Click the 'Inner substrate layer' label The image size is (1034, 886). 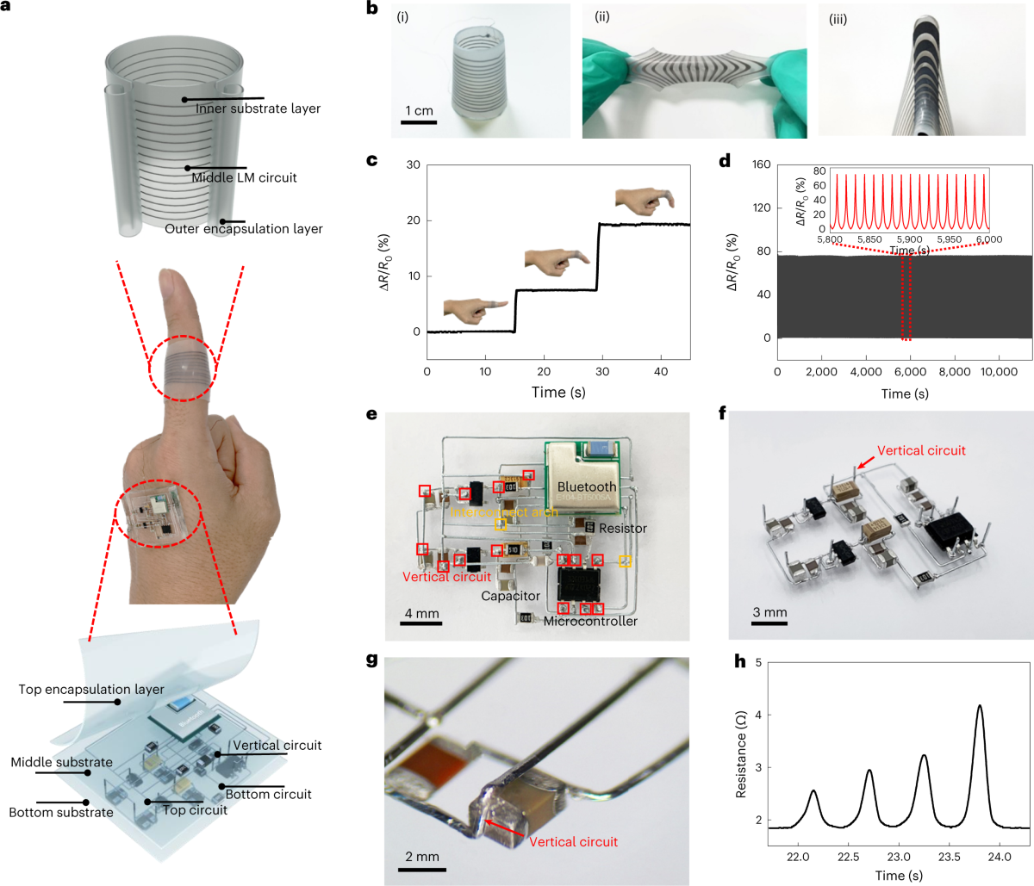click(258, 108)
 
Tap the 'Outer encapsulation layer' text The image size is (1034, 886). click(244, 229)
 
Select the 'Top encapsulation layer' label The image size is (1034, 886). click(91, 690)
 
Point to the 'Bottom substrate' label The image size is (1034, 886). click(61, 812)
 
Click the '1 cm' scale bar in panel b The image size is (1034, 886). click(419, 112)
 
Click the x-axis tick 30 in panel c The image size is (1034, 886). click(602, 372)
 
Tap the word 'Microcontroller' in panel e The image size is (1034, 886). click(590, 621)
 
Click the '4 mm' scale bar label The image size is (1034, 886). click(421, 614)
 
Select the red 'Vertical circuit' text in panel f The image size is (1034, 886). click(921, 450)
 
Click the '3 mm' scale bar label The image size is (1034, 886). click(769, 613)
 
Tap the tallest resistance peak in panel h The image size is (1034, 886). click(980, 706)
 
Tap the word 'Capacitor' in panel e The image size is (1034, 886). click(510, 596)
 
